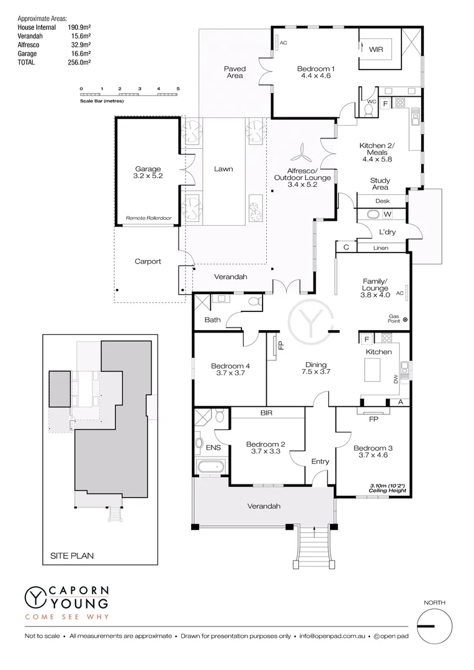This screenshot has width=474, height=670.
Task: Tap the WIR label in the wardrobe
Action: [x=377, y=49]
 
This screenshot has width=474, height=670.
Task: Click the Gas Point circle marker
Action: [x=405, y=319]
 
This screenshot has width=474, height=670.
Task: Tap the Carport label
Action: [x=148, y=261]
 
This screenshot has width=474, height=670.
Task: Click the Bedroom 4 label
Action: [x=230, y=370]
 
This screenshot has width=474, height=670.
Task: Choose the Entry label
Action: [x=320, y=462]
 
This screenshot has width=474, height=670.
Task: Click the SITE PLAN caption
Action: [x=72, y=556]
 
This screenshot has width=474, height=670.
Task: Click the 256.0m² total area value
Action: [x=79, y=63]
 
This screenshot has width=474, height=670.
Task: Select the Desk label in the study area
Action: [x=383, y=201]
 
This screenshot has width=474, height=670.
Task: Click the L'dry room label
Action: [x=387, y=232]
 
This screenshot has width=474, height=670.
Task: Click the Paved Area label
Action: [x=235, y=72]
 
